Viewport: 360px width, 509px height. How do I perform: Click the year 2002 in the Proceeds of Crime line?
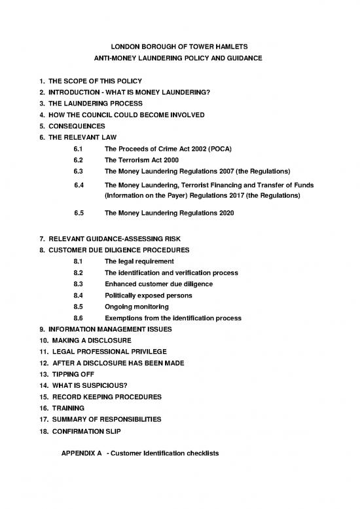209,148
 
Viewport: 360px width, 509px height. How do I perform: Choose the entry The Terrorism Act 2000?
142,159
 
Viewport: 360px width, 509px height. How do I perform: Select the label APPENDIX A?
81,453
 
